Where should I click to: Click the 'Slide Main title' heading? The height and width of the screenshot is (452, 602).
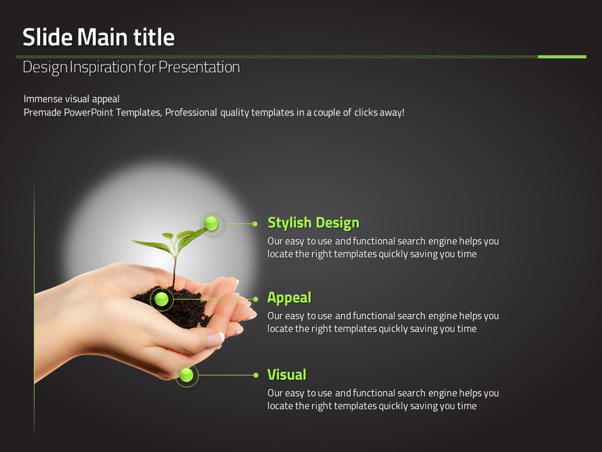pyautogui.click(x=98, y=37)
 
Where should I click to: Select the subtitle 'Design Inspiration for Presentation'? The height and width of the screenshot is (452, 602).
pyautogui.click(x=131, y=67)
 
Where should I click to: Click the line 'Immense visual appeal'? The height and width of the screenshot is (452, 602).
pyautogui.click(x=71, y=99)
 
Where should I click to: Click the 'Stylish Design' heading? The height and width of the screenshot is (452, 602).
pyautogui.click(x=314, y=223)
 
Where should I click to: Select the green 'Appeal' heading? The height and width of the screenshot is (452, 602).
pyautogui.click(x=289, y=298)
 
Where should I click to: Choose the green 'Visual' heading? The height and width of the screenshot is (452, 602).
pyautogui.click(x=287, y=375)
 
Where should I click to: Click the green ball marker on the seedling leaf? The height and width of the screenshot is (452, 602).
pyautogui.click(x=211, y=223)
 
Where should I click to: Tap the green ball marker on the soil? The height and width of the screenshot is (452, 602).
pyautogui.click(x=162, y=299)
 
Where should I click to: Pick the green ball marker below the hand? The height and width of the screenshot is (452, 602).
pyautogui.click(x=187, y=375)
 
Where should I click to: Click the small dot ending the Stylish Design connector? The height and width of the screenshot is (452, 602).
pyautogui.click(x=255, y=223)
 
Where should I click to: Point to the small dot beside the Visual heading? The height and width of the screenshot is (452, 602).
pyautogui.click(x=256, y=375)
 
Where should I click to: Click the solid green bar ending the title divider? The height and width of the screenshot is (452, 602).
pyautogui.click(x=562, y=57)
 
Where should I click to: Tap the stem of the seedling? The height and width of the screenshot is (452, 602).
pyautogui.click(x=175, y=271)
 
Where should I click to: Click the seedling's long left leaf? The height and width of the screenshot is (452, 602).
pyautogui.click(x=152, y=246)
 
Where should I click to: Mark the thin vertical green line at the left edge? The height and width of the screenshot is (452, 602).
pyautogui.click(x=34, y=309)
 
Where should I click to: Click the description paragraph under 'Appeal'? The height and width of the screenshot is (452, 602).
pyautogui.click(x=383, y=322)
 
